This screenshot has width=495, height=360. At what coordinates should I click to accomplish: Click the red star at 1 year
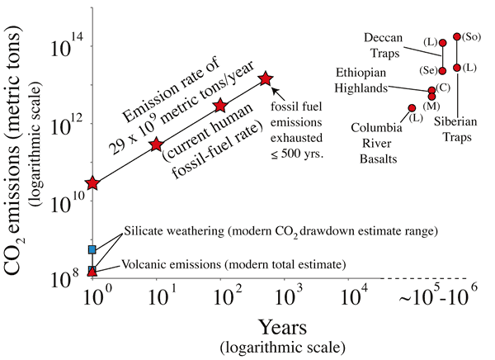click(93, 182)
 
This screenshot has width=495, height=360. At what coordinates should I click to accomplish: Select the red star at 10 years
click(156, 144)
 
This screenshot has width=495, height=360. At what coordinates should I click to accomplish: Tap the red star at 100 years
click(220, 106)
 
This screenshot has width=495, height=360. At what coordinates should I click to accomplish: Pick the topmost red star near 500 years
click(266, 78)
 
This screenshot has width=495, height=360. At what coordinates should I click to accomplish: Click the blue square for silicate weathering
click(92, 249)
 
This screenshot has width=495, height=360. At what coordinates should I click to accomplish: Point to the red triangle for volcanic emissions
click(92, 270)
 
